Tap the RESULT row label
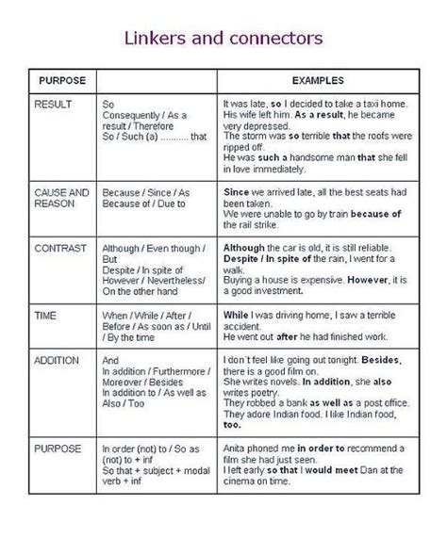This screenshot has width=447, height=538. point(52,103)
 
